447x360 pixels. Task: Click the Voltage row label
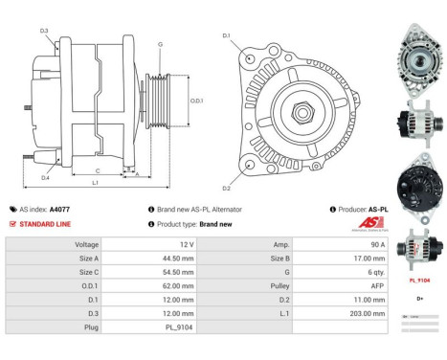coord(87,244)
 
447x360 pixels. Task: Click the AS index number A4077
coord(59,209)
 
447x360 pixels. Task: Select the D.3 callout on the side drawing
coord(45,32)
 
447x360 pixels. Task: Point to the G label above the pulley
coord(160,44)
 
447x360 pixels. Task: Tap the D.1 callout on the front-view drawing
coord(227,36)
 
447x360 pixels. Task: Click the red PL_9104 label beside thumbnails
coord(419,281)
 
